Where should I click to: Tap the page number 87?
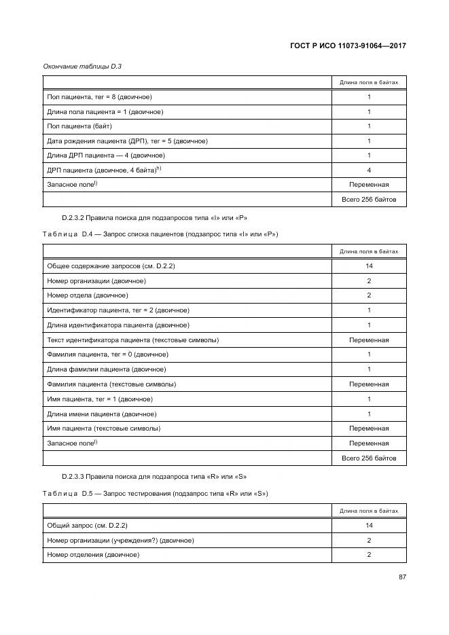point(401,577)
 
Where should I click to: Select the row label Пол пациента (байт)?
point(79,126)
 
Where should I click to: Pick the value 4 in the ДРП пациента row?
point(369,170)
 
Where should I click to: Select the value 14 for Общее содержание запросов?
point(369,266)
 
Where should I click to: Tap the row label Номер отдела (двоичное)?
point(88,295)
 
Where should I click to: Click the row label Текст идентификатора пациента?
point(132,340)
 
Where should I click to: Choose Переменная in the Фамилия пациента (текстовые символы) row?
point(369,384)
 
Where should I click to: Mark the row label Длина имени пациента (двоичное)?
point(102,414)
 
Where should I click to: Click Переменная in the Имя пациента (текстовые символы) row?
point(369,429)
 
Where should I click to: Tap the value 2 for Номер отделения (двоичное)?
point(369,555)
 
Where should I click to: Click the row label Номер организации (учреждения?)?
point(120,540)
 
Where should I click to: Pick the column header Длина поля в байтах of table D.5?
point(369,510)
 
